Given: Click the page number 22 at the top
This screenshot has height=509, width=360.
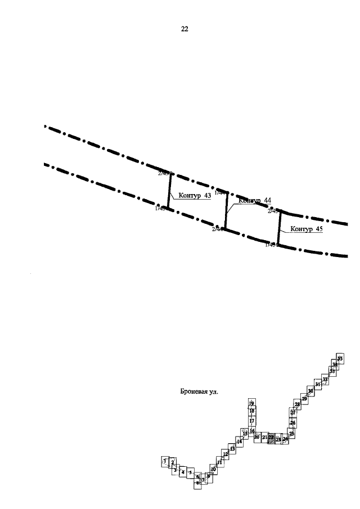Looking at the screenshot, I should point(184,29).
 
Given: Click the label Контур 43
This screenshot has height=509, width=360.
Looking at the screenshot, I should point(194,196).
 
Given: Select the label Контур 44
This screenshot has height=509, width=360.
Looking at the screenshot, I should point(254,200).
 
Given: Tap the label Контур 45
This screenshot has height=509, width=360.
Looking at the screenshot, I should point(306,229).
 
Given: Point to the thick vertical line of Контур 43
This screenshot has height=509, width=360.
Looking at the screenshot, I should point(169,191).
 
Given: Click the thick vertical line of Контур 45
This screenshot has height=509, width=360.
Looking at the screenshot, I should point(279,228).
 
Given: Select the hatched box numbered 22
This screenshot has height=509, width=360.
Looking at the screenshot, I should point(271,437).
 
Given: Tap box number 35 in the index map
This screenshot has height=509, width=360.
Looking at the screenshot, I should point(340,358).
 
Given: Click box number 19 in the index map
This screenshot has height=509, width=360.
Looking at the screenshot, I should point(251,403).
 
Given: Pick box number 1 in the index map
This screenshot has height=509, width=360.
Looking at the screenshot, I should point(165,461).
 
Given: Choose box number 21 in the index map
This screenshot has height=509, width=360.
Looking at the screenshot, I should point(264,437).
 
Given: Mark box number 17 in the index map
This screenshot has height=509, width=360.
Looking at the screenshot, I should point(251,421).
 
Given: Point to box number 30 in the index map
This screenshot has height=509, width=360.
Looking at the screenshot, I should point(310,391).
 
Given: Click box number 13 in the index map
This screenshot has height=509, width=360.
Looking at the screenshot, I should point(232,448).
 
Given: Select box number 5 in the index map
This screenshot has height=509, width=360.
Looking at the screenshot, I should point(191,472).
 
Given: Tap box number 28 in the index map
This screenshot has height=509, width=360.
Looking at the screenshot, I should point(298,405).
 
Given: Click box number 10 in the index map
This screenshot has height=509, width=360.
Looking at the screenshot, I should point(213,468).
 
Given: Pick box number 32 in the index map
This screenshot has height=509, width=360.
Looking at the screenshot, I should point(325,380).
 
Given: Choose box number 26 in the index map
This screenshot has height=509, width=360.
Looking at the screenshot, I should point(292,422).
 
